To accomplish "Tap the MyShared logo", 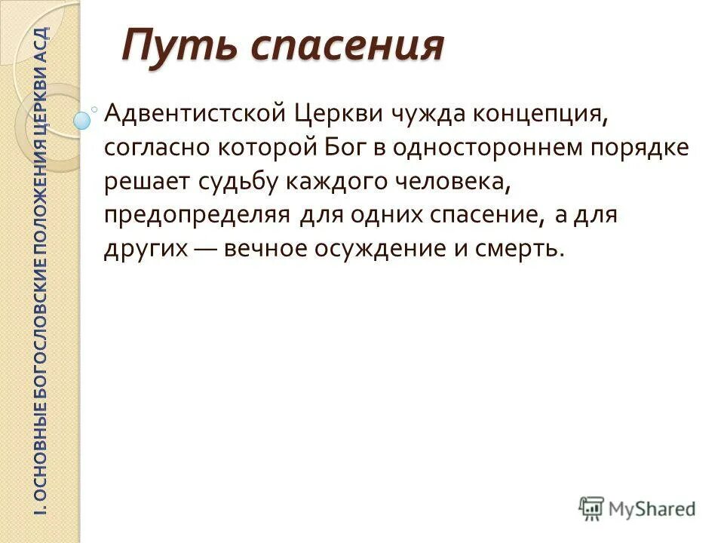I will click(x=637, y=508).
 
